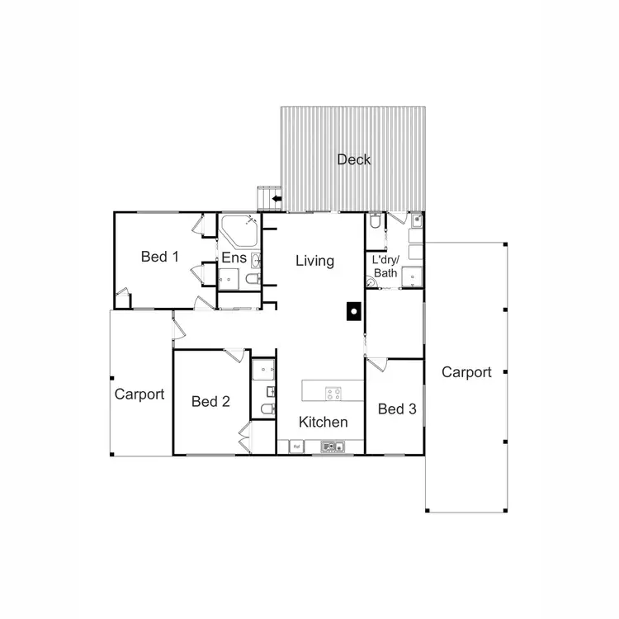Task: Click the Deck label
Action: point(353,159)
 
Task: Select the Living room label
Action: point(314,261)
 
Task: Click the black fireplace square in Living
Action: point(352,311)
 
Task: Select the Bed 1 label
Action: point(159,256)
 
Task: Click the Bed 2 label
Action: point(210,402)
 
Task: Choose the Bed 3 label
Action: point(396,409)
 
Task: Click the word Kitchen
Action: point(323,422)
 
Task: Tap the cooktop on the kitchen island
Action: point(333,393)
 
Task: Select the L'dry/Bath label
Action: point(386,267)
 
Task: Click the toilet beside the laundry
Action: point(376,222)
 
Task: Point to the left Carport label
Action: point(139,395)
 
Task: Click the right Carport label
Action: point(466,372)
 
